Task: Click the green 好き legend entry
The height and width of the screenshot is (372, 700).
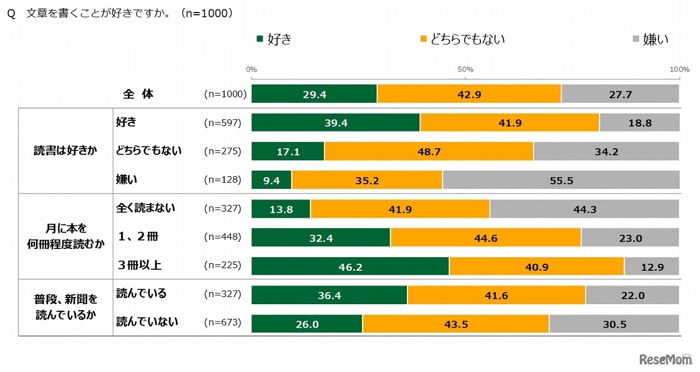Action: [x=274, y=39]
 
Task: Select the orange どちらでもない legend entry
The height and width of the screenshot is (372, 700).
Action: [x=462, y=39]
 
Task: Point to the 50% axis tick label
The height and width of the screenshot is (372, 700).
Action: [x=465, y=69]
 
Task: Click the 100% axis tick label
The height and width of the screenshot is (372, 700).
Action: [x=680, y=69]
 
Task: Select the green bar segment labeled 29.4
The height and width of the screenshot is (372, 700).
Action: [x=314, y=94]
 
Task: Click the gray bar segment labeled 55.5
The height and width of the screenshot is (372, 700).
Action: [x=561, y=180]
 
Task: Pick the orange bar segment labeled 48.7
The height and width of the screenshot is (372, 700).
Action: [x=429, y=152]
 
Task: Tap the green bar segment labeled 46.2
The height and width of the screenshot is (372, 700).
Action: [x=350, y=266]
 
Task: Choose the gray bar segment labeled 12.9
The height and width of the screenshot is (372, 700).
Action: [x=651, y=266]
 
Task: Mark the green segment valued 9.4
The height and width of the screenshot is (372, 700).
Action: [x=271, y=180]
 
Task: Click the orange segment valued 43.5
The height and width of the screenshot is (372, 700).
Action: [x=456, y=324]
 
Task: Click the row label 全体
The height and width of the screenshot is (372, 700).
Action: [x=138, y=94]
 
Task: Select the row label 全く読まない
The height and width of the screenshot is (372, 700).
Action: [x=145, y=208]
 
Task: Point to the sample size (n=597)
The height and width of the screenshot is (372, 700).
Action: [x=223, y=123]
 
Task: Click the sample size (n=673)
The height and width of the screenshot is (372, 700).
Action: [x=223, y=323]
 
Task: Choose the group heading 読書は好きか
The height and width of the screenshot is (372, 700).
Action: [x=66, y=151]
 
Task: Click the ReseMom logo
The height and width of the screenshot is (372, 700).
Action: [x=665, y=359]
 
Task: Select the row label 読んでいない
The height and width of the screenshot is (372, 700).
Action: [x=147, y=322]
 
